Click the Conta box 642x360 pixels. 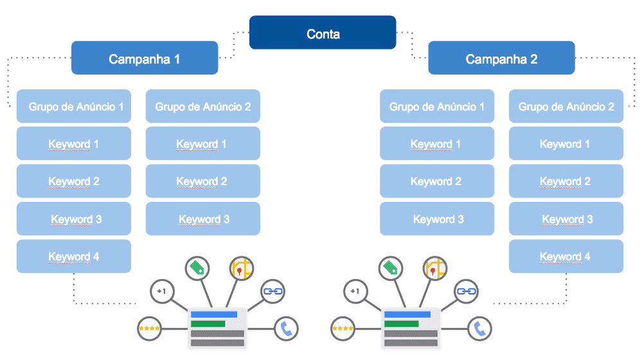[323, 33]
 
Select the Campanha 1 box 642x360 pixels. [145, 59]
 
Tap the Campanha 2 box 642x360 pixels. [501, 59]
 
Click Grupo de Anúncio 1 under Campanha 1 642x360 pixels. [74, 106]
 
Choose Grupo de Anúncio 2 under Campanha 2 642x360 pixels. [566, 106]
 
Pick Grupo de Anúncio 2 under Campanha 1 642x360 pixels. [203, 106]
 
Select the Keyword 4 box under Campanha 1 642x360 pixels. [74, 256]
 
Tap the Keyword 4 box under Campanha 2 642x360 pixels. [566, 256]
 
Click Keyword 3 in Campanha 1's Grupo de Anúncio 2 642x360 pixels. [203, 219]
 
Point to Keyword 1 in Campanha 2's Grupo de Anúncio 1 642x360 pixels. [437, 143]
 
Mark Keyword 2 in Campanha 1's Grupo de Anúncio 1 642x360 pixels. [74, 181]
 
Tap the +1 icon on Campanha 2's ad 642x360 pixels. [355, 291]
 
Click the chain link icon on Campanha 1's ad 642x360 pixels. [273, 291]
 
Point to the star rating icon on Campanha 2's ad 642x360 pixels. [343, 329]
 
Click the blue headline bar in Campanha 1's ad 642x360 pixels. [214, 314]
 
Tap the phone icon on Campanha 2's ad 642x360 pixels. [479, 329]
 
